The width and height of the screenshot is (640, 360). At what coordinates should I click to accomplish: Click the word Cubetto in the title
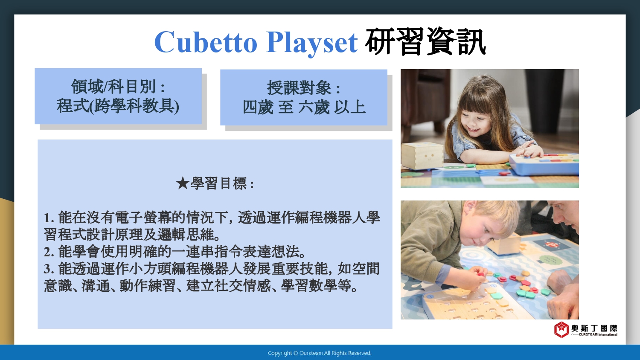click(206, 42)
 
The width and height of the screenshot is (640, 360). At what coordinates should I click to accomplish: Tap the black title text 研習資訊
click(425, 42)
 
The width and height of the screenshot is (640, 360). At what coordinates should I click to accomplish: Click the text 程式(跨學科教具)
click(118, 106)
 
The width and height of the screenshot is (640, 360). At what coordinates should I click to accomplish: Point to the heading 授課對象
click(299, 87)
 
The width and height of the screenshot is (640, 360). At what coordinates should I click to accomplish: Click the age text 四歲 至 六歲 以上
click(304, 107)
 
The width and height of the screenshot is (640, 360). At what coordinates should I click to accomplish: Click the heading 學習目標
click(218, 183)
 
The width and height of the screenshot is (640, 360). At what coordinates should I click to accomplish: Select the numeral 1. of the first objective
click(49, 218)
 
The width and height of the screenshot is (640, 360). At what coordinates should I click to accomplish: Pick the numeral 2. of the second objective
click(49, 252)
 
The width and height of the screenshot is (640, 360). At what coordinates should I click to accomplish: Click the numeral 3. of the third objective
click(49, 269)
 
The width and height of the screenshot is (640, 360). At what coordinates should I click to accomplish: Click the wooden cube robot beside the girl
click(422, 156)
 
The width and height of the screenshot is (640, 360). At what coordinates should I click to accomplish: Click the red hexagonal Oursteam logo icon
click(561, 329)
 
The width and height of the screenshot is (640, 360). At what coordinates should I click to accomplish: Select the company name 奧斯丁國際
click(594, 328)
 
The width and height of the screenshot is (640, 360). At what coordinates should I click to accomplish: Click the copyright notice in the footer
click(320, 353)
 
